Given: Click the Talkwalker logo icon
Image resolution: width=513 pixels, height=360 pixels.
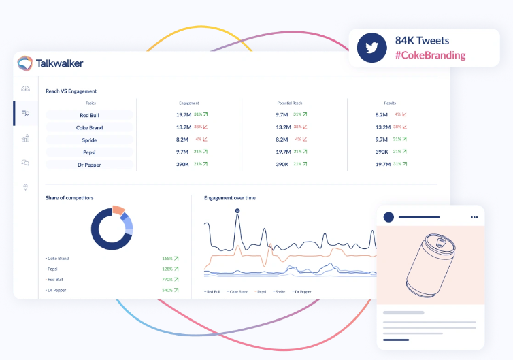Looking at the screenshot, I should [25, 63].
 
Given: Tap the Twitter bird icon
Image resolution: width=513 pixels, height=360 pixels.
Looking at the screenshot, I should [371, 48].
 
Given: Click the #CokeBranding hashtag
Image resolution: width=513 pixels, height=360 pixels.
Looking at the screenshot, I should [430, 55].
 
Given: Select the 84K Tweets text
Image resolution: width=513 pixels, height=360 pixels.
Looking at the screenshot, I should [422, 40].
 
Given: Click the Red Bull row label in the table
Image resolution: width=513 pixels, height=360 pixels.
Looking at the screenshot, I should [89, 115].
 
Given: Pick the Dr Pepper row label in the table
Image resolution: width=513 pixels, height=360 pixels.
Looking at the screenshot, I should [89, 164].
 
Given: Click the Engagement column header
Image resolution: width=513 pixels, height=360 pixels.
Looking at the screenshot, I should [188, 103].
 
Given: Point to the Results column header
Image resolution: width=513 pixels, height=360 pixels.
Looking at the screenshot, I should [390, 103].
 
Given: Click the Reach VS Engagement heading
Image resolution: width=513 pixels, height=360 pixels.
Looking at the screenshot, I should [71, 91].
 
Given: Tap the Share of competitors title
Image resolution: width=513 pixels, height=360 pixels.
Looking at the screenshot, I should [69, 197].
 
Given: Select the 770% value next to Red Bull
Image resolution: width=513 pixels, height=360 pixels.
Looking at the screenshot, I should [167, 280].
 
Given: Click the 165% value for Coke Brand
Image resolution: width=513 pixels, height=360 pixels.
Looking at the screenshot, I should [167, 259].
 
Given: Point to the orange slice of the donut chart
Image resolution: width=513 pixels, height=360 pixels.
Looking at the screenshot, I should [118, 210].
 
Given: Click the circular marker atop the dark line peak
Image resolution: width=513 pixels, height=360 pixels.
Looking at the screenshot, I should [237, 210].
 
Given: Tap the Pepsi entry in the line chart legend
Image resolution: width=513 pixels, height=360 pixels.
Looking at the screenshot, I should [260, 291].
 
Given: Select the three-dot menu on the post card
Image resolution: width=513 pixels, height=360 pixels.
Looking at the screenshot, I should [474, 217].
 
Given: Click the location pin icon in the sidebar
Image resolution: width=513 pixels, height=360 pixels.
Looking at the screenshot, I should [26, 187].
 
